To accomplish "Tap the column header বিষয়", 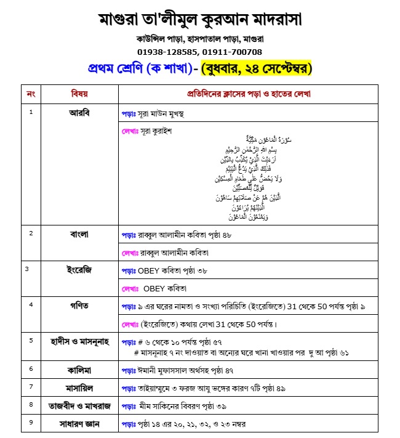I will click(x=79, y=94).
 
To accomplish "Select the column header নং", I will click(x=31, y=94).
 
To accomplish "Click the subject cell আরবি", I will click(x=79, y=113).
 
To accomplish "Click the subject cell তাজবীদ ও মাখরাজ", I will click(x=79, y=405).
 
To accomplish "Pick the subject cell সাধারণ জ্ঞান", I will click(x=79, y=424).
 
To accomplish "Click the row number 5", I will click(x=31, y=339).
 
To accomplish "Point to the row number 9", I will click(x=31, y=423).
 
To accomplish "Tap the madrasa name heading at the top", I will click(x=200, y=19).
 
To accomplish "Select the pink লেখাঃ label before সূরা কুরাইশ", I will click(x=132, y=131).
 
